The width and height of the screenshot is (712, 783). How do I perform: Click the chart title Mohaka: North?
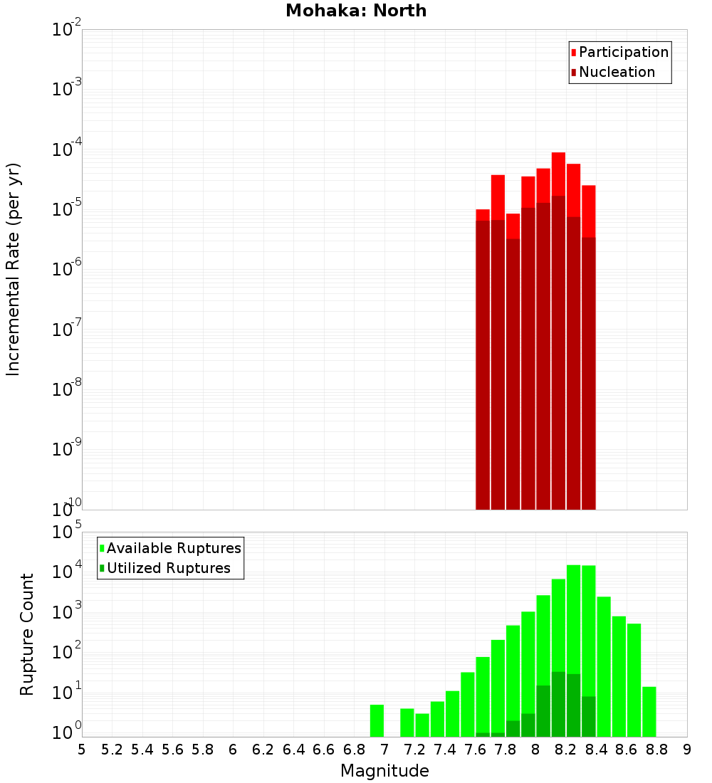tap(356, 11)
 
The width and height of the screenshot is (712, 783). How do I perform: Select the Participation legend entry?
tap(624, 52)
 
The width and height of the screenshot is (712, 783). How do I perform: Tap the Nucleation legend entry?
tap(617, 72)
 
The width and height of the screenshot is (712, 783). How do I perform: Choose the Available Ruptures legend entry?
tap(174, 548)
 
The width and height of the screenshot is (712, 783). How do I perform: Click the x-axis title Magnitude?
tap(384, 771)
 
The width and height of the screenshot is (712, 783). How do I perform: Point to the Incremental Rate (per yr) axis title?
tap(14, 270)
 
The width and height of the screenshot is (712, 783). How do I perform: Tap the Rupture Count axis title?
tap(27, 634)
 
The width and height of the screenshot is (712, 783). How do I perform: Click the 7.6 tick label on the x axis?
tap(475, 750)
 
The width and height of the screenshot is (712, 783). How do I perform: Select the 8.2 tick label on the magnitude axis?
tap(566, 750)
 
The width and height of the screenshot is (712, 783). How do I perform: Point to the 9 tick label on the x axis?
tap(687, 750)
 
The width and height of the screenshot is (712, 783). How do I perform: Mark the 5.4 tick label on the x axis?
tap(142, 750)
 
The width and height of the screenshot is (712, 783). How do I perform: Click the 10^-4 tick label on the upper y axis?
tap(67, 149)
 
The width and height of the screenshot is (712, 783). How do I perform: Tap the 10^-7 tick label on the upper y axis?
tap(67, 330)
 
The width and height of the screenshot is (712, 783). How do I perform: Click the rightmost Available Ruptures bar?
tap(649, 711)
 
